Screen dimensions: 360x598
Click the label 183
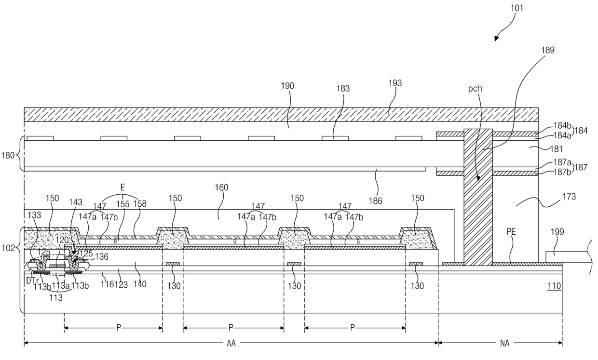[343, 89]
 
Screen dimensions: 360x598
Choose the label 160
[222, 187]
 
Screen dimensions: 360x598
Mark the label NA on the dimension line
[501, 344]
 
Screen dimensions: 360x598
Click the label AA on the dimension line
[231, 344]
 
